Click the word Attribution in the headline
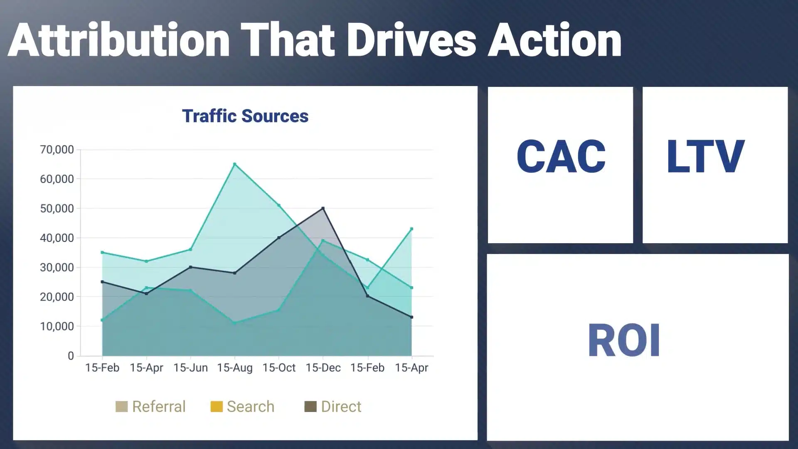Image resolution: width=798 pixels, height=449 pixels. pyautogui.click(x=119, y=40)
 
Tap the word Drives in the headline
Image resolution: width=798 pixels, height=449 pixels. pyautogui.click(x=411, y=40)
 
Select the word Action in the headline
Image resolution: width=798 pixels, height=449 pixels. pyautogui.click(x=555, y=40)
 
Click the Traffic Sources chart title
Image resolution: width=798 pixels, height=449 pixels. pyautogui.click(x=245, y=116)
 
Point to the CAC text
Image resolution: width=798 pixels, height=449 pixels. pyautogui.click(x=561, y=156)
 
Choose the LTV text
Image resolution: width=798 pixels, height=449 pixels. pyautogui.click(x=706, y=156)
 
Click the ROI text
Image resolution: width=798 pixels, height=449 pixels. pyautogui.click(x=624, y=340)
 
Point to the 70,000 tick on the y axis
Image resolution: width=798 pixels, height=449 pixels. pyautogui.click(x=57, y=150)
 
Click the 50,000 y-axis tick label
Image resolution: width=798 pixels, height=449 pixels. pyautogui.click(x=57, y=208)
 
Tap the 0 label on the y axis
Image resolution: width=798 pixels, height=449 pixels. pyautogui.click(x=71, y=356)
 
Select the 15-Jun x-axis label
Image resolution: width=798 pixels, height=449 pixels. pyautogui.click(x=190, y=368)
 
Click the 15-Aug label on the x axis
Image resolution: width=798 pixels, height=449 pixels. pyautogui.click(x=235, y=368)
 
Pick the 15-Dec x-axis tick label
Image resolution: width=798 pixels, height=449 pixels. pyautogui.click(x=323, y=368)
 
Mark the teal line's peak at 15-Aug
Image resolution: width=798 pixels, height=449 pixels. pyautogui.click(x=235, y=164)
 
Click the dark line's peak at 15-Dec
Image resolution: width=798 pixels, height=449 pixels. pyautogui.click(x=323, y=208)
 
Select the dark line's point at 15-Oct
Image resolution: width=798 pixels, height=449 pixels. pyautogui.click(x=279, y=238)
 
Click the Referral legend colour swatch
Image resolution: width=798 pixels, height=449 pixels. pyautogui.click(x=121, y=407)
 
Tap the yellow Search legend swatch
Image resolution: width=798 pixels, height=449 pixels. pyautogui.click(x=217, y=407)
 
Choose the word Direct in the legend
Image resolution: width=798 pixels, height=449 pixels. pyautogui.click(x=341, y=407)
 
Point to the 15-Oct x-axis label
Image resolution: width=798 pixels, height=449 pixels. pyautogui.click(x=279, y=368)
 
